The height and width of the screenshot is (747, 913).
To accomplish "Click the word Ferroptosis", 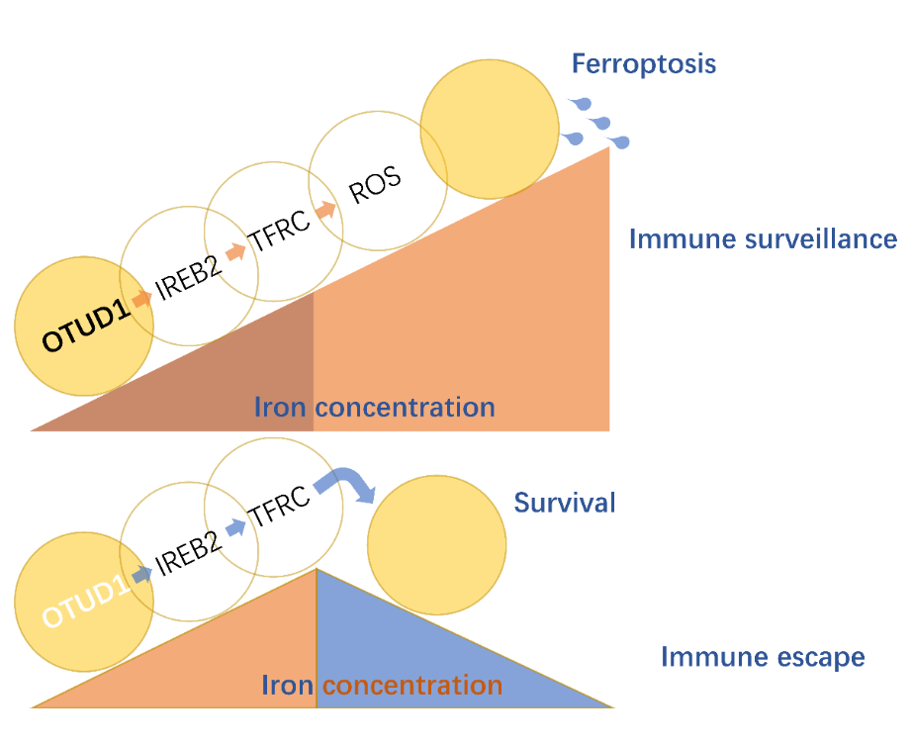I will (643, 65).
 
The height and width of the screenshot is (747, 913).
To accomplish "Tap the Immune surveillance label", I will (763, 238).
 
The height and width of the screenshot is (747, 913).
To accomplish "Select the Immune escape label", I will (763, 657).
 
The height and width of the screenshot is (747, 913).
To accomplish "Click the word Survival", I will (565, 503).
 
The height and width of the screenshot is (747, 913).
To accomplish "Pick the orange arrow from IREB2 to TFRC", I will (234, 252).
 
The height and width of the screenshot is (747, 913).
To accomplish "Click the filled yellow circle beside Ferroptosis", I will (490, 123).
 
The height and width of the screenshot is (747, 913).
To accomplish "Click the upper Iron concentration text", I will (374, 407).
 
